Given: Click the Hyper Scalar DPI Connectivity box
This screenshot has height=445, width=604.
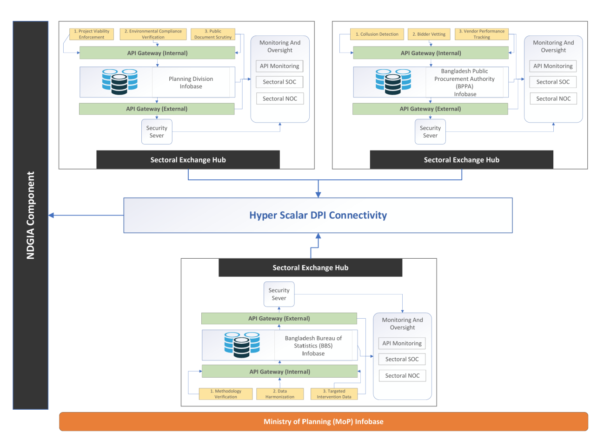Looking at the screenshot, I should [x=318, y=216].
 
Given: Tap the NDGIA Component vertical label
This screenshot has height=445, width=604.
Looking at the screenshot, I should [x=31, y=215].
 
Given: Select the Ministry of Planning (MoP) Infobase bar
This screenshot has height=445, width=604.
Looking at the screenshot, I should [x=324, y=422].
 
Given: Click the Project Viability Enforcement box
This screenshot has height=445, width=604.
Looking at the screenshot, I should [x=92, y=34].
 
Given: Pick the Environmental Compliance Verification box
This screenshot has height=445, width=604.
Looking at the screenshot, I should [x=153, y=34].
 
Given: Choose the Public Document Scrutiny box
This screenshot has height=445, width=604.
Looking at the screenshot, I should [x=213, y=34].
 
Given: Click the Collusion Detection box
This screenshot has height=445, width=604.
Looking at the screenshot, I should [x=377, y=34].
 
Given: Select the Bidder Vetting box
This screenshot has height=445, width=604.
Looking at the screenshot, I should [x=429, y=34].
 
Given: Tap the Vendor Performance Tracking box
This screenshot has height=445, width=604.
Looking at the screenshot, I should [x=482, y=34].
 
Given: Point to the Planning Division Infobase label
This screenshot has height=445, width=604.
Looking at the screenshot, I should [x=191, y=83].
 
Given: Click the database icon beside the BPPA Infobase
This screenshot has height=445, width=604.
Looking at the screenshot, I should [x=393, y=82].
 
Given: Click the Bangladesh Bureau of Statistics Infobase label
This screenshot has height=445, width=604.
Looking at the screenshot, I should [x=313, y=346].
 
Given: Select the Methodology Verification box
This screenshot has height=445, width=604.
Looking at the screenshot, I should [x=226, y=394].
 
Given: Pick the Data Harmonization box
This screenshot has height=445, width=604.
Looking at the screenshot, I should [x=280, y=394].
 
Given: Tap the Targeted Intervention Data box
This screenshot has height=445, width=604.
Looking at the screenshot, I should [x=334, y=394].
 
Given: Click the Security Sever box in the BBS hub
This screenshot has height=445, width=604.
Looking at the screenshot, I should [x=279, y=294].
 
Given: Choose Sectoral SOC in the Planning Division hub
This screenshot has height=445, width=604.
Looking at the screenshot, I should [x=279, y=82].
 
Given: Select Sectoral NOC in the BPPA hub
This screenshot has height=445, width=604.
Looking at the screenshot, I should [x=553, y=98].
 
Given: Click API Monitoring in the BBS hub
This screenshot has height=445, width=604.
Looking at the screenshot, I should [x=402, y=343].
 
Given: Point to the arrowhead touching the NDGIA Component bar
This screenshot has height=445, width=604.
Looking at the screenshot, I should [x=51, y=216].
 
